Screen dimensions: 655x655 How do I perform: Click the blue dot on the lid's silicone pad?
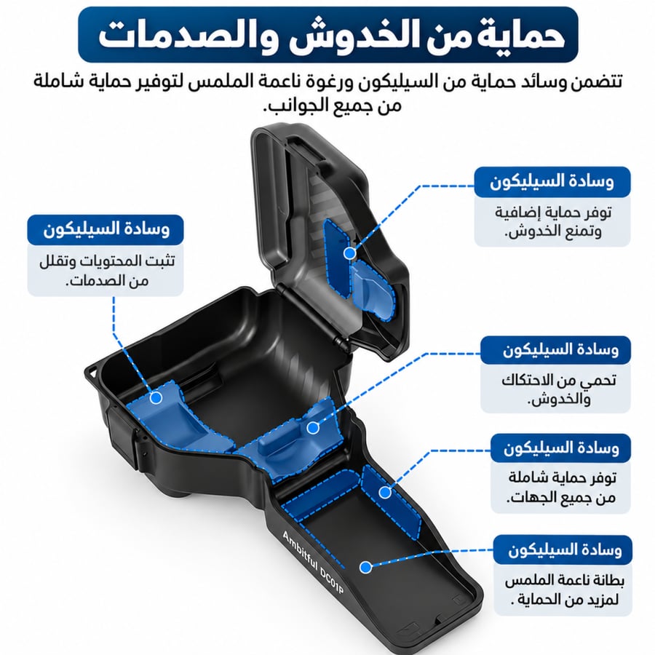(x=349, y=253)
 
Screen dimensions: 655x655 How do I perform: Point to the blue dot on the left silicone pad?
(x=156, y=397)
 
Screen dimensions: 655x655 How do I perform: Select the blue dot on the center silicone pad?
(x=313, y=428)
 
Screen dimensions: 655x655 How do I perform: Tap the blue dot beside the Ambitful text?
(x=365, y=567)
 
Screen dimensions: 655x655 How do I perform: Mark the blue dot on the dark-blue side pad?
(x=385, y=493)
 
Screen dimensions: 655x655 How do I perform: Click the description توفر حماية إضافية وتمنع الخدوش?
(x=552, y=222)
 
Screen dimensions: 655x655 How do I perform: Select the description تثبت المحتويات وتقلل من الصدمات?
(x=107, y=270)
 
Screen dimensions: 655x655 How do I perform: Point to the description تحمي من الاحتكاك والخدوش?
(x=558, y=389)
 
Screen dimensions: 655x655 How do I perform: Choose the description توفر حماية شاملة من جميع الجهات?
(x=562, y=487)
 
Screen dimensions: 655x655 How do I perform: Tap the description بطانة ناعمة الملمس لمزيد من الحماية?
(x=564, y=589)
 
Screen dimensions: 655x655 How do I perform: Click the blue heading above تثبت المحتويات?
(x=106, y=230)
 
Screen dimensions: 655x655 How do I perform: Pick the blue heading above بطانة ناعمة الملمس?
(x=563, y=549)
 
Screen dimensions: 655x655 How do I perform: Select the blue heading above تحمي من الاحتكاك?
(x=555, y=350)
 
